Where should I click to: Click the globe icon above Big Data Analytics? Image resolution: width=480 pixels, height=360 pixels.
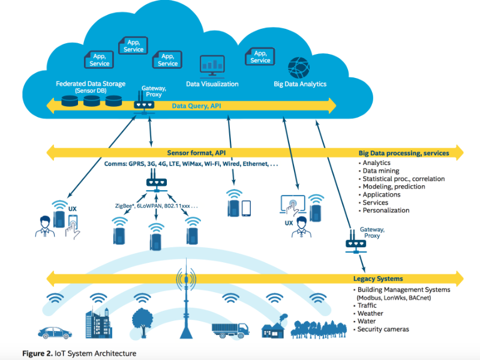tap(298, 66)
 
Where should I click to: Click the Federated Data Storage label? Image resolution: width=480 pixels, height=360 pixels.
tap(91, 84)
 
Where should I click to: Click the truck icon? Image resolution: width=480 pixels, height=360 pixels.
tap(230, 329)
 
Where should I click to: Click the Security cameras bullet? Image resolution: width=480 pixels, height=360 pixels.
tap(384, 329)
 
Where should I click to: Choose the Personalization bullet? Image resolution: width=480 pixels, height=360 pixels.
tap(386, 211)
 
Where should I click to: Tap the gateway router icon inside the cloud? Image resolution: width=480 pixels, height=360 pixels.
tap(144, 104)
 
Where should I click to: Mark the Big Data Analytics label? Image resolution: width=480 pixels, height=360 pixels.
tap(300, 85)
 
